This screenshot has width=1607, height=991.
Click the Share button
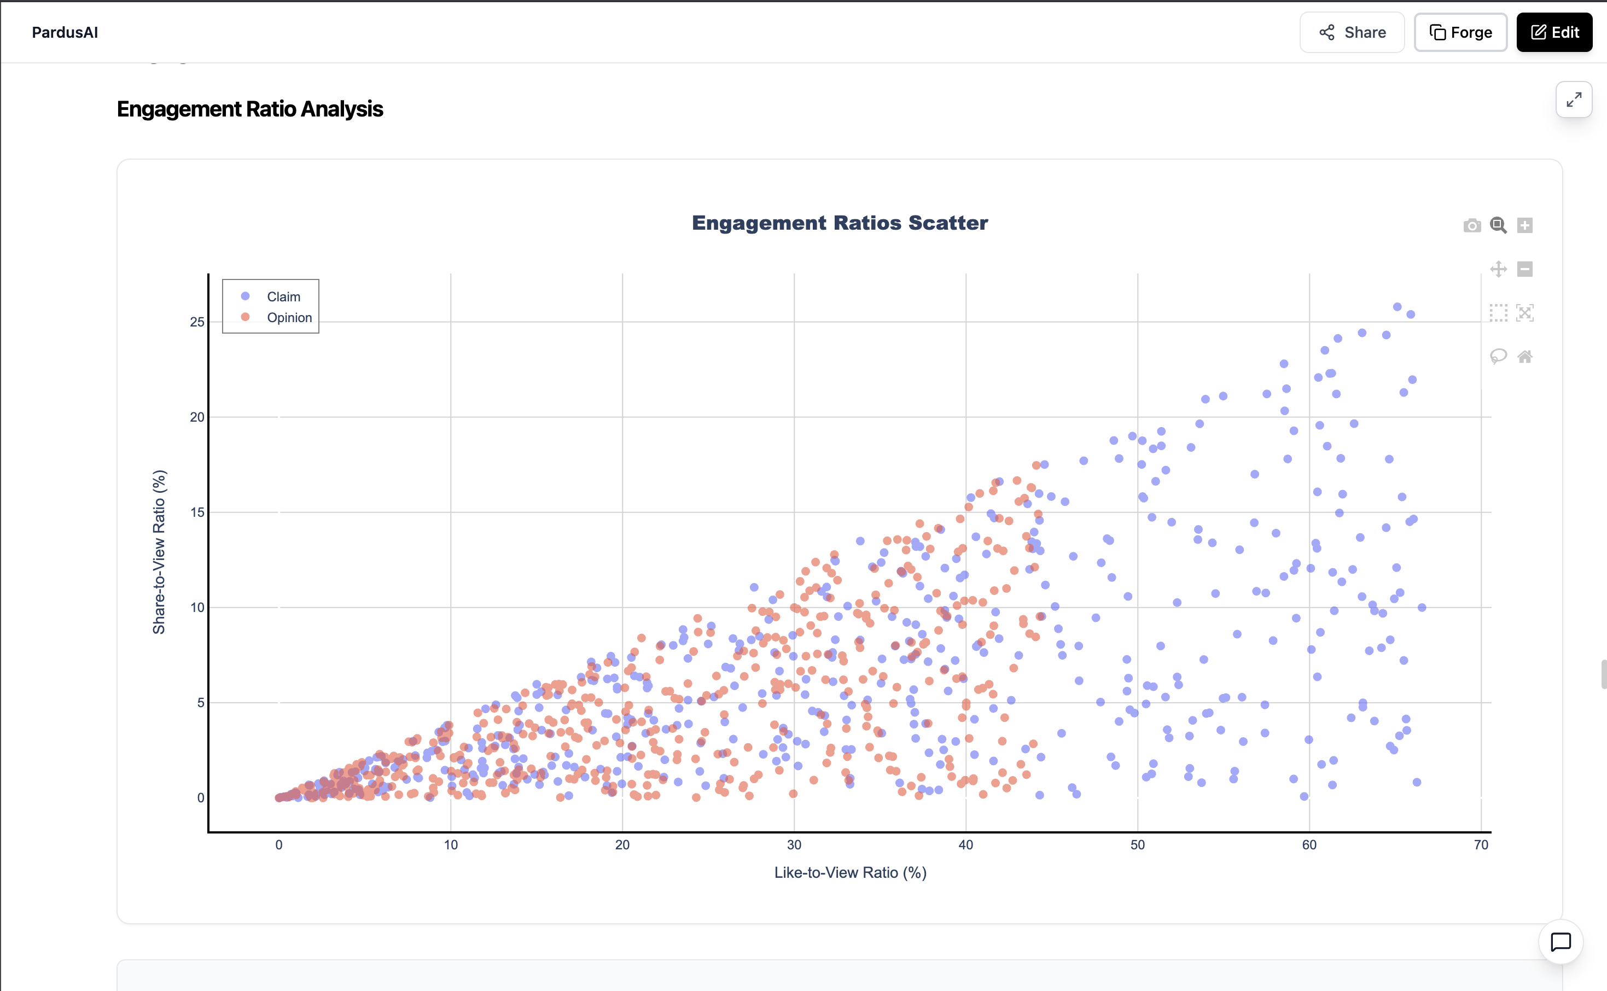1352,32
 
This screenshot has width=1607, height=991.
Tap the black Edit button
1554,32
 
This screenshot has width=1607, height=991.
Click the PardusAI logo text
65,32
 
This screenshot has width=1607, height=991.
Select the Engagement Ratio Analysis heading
250,109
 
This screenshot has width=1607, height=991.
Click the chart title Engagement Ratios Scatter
840,223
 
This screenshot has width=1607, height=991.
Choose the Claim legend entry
283,297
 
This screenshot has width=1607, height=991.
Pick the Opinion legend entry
289,318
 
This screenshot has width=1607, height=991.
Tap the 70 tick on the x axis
1481,845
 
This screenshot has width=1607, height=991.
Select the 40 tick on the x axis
965,845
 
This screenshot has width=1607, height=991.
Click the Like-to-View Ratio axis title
850,872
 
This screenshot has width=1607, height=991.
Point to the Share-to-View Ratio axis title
159,552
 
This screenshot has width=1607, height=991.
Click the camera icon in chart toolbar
1472,225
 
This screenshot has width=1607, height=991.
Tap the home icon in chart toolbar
1525,357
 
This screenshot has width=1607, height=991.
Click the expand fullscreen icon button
1574,100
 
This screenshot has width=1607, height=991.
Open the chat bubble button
1561,942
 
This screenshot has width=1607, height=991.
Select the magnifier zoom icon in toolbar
1498,225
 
